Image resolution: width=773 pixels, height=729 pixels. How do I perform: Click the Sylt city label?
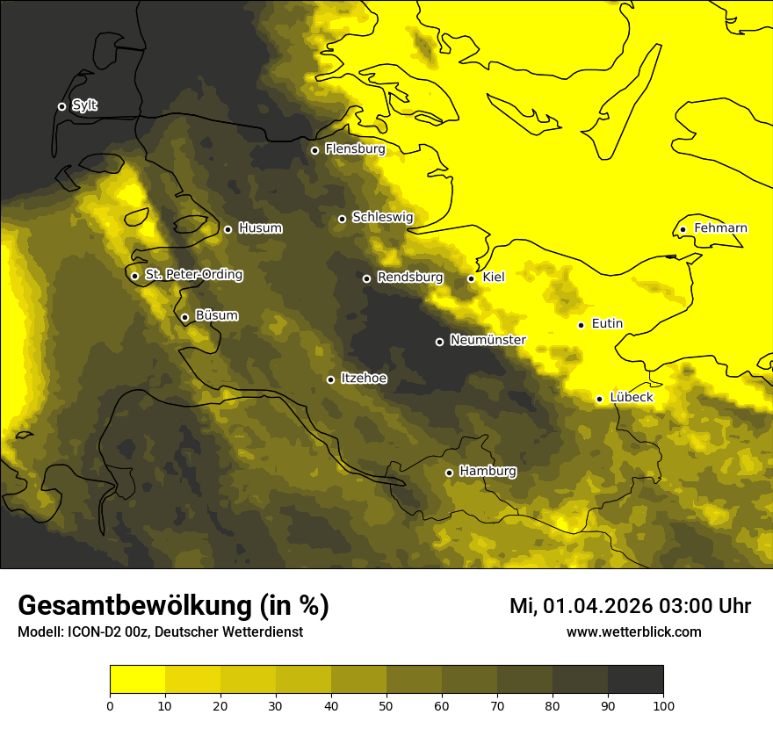point(84,105)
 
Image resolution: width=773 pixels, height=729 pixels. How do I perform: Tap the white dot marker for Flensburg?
point(314,150)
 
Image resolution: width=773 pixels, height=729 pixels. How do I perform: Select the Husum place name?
point(260,228)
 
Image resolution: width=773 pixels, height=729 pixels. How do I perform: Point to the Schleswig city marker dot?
point(343,219)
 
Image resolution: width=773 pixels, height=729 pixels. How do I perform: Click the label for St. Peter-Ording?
point(193,275)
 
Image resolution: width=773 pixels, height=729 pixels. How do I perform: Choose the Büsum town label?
point(216,315)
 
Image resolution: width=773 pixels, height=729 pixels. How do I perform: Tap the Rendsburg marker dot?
point(367,278)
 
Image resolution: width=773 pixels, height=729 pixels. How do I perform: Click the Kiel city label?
point(494,278)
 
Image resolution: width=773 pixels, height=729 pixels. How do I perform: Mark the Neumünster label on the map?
point(488,340)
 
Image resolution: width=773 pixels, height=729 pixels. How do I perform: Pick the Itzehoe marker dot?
point(330,379)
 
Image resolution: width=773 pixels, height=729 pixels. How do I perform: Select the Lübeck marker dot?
point(599,399)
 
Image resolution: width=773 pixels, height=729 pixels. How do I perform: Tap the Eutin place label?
point(607,324)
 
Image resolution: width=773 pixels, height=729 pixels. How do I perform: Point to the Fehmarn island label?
point(720,228)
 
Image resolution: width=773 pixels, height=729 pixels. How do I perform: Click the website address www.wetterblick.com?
point(633,632)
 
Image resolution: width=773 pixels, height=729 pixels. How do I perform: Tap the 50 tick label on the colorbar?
point(386,705)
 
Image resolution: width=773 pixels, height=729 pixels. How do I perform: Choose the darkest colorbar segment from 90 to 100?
point(635,680)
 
